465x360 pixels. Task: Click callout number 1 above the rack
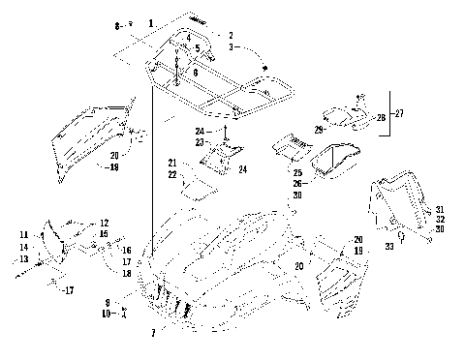pos(151,21)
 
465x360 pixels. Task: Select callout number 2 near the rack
pos(230,34)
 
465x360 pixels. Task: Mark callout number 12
pos(104,223)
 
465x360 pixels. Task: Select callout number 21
pos(171,162)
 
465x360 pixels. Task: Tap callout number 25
pos(297,172)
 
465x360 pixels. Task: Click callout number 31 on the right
pos(439,210)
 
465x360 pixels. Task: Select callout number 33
pos(388,248)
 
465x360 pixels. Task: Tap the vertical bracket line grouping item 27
pos(388,113)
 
